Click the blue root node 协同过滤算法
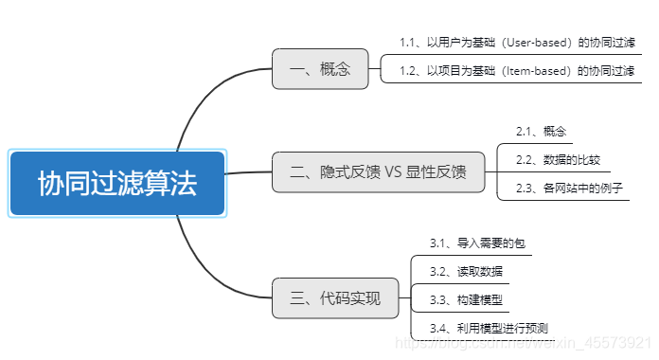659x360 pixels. (x=117, y=183)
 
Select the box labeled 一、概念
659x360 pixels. (x=320, y=68)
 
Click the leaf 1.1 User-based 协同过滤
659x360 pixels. (x=516, y=43)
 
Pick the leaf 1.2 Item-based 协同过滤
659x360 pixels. (x=516, y=70)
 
